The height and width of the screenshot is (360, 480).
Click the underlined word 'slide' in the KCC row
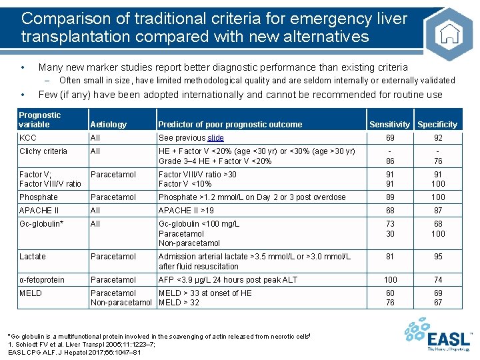coord(215,138)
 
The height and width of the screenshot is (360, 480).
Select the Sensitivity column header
coord(389,125)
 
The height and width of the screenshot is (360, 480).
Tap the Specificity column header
coord(437,125)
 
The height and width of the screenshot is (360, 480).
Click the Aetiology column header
coord(108,125)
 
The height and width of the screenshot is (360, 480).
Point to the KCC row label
coord(28,138)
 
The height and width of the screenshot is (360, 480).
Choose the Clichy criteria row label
coord(43,151)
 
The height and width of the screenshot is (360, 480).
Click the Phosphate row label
coord(39,197)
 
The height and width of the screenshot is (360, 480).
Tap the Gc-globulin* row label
coord(41,224)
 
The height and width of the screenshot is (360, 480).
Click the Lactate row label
coord(33,257)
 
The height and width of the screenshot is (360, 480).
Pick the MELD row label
coord(31,293)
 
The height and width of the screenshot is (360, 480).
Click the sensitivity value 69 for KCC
coord(390,138)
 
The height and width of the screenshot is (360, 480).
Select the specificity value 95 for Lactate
coord(438,257)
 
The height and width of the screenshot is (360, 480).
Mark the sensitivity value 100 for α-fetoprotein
coord(390,280)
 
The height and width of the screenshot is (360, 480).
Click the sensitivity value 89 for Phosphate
coord(390,197)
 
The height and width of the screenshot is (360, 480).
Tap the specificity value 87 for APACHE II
coord(438,211)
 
